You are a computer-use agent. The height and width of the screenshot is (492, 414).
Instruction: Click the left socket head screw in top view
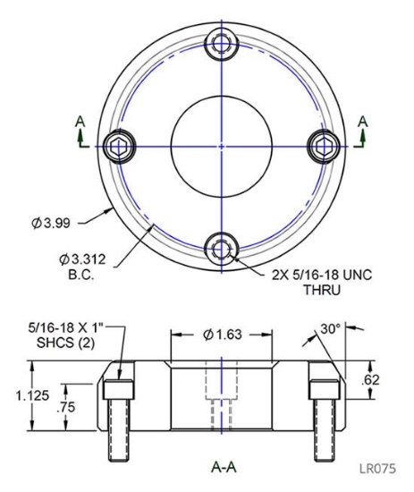[x=118, y=144]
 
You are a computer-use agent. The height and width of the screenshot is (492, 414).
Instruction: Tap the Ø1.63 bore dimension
[x=223, y=336]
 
